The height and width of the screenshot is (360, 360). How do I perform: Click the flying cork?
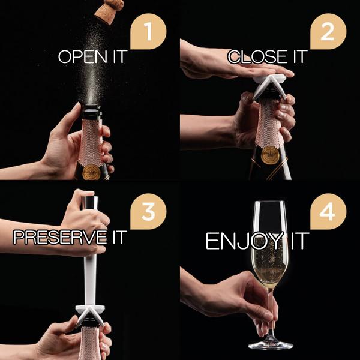(109, 11)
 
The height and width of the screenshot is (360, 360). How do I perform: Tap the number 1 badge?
(148, 31)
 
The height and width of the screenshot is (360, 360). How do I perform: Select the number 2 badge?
(328, 31)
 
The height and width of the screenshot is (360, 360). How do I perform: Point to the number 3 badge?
(148, 211)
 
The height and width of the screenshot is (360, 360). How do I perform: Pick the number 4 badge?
(328, 211)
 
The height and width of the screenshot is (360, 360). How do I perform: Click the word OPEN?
(83, 57)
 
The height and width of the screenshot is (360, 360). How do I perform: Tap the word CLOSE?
(257, 57)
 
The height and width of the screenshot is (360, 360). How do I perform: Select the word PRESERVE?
(60, 237)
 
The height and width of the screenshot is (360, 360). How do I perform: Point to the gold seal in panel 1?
(91, 172)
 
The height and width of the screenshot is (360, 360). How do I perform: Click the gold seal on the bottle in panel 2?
(271, 155)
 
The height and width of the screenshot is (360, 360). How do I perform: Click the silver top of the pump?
(90, 203)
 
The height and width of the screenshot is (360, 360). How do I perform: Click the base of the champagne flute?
(271, 344)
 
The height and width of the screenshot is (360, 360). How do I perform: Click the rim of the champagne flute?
(270, 202)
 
